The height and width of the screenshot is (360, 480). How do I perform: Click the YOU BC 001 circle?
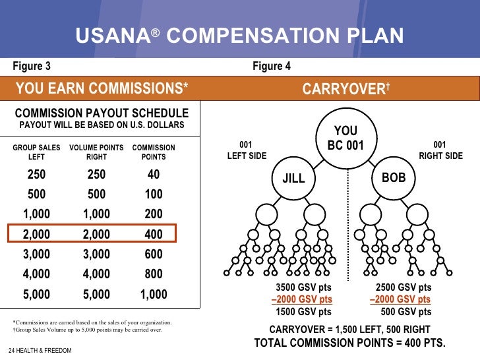click(345, 137)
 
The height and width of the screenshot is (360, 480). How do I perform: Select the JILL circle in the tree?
click(293, 179)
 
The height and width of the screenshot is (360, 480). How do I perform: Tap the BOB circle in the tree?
click(394, 178)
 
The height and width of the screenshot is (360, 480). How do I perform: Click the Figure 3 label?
click(32, 66)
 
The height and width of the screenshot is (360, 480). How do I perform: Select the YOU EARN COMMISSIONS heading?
click(102, 88)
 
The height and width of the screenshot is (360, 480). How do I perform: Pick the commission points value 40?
click(154, 175)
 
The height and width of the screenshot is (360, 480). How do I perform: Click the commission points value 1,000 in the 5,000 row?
click(154, 295)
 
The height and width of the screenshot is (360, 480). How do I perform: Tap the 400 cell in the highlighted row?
click(154, 234)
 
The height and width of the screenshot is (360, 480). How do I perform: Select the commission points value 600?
click(154, 255)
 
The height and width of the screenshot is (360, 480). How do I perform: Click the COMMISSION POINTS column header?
click(154, 152)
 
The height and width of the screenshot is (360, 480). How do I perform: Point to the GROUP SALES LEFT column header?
click(37, 152)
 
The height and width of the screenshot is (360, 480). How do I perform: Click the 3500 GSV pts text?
click(303, 287)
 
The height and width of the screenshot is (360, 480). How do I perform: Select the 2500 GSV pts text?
click(404, 287)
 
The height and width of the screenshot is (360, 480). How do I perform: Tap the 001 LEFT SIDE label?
click(246, 151)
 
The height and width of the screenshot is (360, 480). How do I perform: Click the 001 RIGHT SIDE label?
click(440, 151)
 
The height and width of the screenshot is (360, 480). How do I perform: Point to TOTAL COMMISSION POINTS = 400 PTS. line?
click(349, 343)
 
